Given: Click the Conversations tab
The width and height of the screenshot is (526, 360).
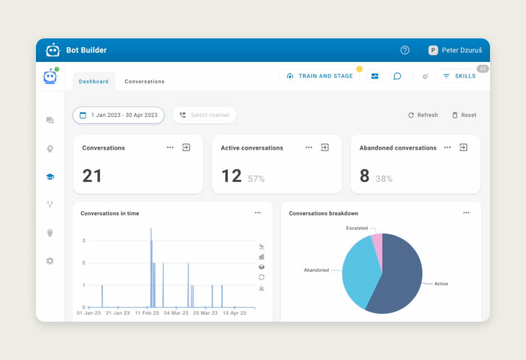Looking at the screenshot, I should click(x=144, y=82).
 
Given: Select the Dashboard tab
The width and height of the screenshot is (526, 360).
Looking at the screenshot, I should click(x=94, y=82).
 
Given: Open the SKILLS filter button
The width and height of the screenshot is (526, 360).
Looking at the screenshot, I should click(x=459, y=76).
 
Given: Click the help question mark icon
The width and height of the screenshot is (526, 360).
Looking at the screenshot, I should click(x=405, y=50).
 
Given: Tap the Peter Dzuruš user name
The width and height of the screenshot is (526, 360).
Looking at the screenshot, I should click(x=462, y=50).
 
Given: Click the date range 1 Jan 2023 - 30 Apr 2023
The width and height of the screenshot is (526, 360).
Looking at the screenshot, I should click(x=119, y=115).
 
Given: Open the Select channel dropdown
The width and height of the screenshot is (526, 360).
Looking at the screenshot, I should click(x=205, y=115).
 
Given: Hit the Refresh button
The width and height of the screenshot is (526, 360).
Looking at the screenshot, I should click(x=423, y=115).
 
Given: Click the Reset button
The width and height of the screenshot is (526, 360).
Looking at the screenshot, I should click(x=464, y=115).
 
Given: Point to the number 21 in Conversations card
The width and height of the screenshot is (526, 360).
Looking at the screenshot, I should click(x=92, y=176).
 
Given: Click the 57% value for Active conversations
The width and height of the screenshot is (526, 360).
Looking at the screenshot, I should click(x=256, y=179).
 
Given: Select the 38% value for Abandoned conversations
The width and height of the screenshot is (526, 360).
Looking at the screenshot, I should click(x=384, y=179).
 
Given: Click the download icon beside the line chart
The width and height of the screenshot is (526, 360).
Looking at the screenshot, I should click(x=261, y=288).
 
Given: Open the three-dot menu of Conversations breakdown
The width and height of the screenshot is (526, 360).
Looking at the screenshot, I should click(x=466, y=213).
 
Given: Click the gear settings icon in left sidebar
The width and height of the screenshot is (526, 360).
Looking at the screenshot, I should click(x=50, y=261).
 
